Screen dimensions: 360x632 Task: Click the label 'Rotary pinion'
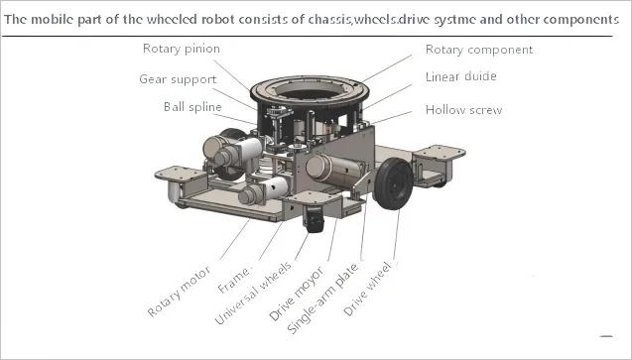click(181, 49)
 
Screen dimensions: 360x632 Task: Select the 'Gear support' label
click(178, 78)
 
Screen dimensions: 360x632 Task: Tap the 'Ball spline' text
click(193, 107)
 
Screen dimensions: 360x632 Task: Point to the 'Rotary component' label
click(478, 50)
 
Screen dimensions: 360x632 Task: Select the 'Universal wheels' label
click(253, 295)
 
